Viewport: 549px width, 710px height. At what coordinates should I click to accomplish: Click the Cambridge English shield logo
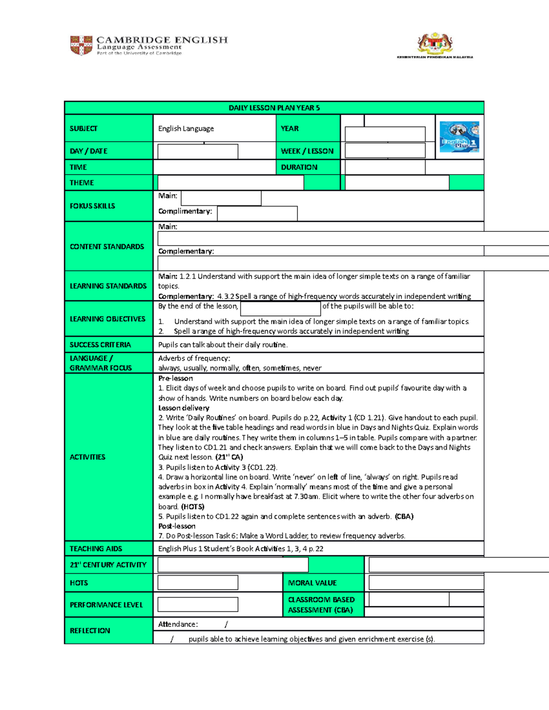pos(81,45)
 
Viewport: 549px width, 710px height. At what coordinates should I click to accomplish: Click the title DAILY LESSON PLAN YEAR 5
pos(274,108)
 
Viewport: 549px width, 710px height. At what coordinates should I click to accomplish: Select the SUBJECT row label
pos(83,128)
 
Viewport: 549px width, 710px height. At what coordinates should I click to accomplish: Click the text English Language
pos(186,128)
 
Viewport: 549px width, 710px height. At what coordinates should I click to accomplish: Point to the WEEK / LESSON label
pos(307,151)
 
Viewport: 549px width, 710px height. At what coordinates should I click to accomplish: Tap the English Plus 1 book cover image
pos(459,137)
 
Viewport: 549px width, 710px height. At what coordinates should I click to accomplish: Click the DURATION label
pos(299,167)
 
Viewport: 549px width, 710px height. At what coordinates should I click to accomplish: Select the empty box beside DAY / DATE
pos(198,151)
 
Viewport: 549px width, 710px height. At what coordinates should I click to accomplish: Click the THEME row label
pos(81,182)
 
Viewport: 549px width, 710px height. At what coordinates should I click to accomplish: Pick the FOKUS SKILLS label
pos(92,206)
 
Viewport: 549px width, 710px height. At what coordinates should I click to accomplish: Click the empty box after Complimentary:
pos(257,213)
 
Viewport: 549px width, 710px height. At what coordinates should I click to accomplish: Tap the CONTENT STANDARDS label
pos(107,246)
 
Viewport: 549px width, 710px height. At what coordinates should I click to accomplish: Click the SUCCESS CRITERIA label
pos(100,345)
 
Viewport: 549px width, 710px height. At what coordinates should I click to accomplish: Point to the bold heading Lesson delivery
pos(183,408)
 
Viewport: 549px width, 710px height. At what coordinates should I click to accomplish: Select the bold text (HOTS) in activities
pos(193,507)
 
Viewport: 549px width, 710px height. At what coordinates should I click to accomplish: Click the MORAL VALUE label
pos(312,583)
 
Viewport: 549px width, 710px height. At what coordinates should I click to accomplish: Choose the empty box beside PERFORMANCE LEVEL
pos(198,604)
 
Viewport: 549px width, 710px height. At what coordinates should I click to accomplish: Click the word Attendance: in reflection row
pos(178,624)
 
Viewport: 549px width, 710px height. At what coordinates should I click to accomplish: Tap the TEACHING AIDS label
pos(96,549)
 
